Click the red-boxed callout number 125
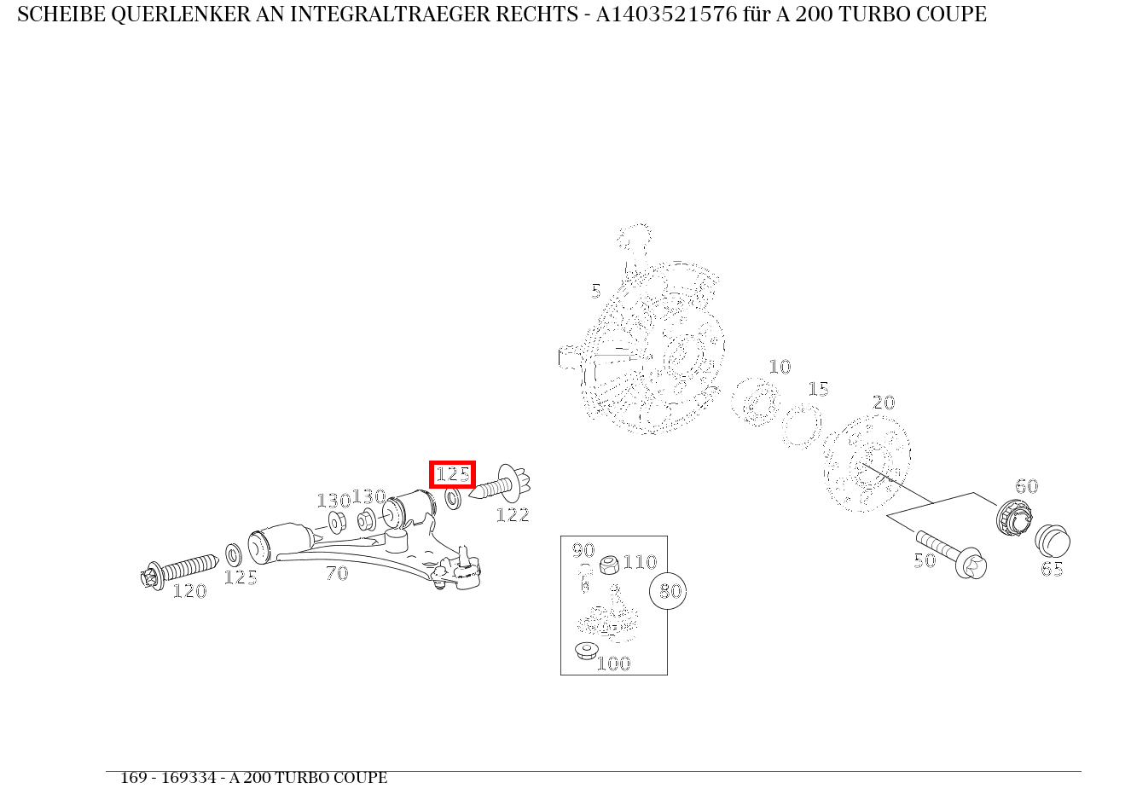[452, 474]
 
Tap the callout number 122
[513, 515]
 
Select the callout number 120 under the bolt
[190, 591]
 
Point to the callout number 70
[337, 573]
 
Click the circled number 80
[668, 590]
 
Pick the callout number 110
[641, 562]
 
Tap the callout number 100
[613, 664]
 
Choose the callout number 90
[583, 549]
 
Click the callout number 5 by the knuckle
[596, 291]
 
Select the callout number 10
[780, 367]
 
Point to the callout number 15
[819, 389]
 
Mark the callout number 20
[884, 403]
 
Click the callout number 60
[1026, 486]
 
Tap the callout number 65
[1053, 570]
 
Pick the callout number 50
[925, 560]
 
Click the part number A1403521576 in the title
[666, 14]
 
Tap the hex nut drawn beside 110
[610, 565]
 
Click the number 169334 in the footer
[188, 778]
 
